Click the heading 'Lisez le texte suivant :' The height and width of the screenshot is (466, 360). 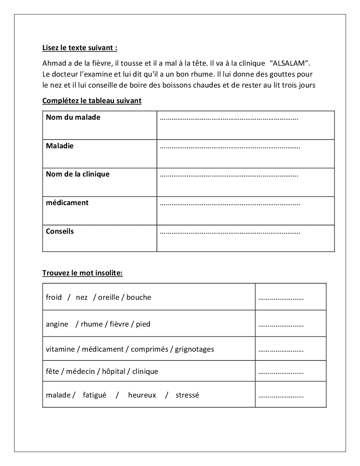80,48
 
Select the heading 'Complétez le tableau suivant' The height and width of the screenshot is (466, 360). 92,101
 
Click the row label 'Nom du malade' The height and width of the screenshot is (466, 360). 73,117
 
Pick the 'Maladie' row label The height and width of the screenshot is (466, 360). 60,146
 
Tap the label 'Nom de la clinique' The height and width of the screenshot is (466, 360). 78,174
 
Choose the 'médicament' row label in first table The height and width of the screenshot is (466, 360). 67,203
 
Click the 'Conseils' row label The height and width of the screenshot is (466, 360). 60,231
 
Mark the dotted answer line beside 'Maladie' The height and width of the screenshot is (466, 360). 230,147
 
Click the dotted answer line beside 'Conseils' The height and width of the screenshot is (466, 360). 230,233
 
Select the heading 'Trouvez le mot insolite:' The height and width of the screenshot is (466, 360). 83,273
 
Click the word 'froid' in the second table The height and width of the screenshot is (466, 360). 54,297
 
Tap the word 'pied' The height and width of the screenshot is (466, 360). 143,324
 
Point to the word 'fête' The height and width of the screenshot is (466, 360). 52,371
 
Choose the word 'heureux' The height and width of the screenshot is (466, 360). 142,395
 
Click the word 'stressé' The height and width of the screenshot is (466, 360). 187,395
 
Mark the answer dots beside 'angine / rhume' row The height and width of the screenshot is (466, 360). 281,325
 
